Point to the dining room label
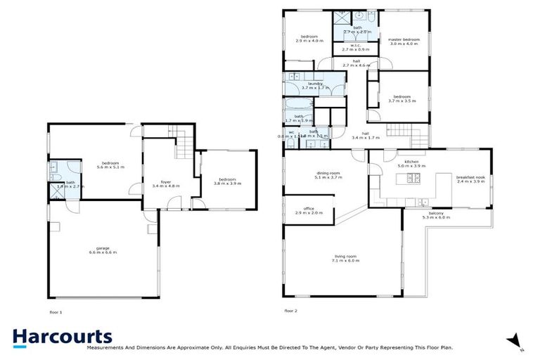tap(328, 175)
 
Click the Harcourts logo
tap(62, 337)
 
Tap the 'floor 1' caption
tap(56, 311)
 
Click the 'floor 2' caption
tap(291, 311)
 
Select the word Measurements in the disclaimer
tap(104, 347)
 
